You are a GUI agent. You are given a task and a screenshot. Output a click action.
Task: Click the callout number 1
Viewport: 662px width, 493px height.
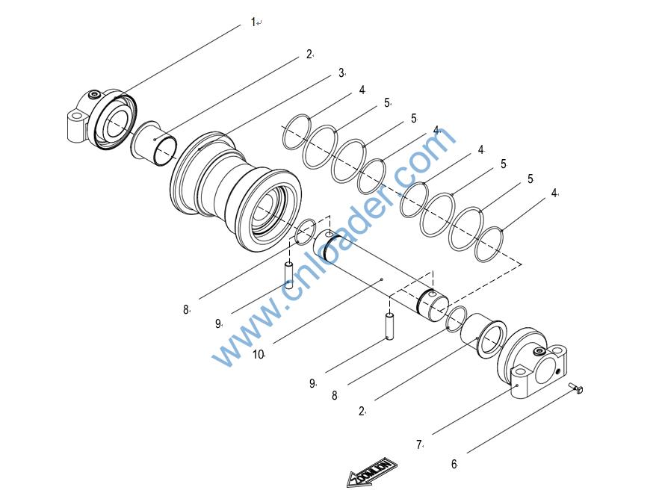(253, 22)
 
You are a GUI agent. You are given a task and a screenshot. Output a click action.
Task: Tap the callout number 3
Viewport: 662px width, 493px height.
(341, 72)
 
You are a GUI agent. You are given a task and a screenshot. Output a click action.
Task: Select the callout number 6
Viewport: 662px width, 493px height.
(454, 464)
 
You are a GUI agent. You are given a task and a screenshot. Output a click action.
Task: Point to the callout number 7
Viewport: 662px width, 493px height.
(419, 444)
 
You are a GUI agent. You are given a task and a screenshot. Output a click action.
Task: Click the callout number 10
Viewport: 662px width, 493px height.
(258, 354)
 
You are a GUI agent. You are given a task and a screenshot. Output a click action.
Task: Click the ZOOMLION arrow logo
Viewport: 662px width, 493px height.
(371, 472)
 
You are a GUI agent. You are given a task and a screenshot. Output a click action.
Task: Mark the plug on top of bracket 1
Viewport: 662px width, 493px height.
(94, 95)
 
